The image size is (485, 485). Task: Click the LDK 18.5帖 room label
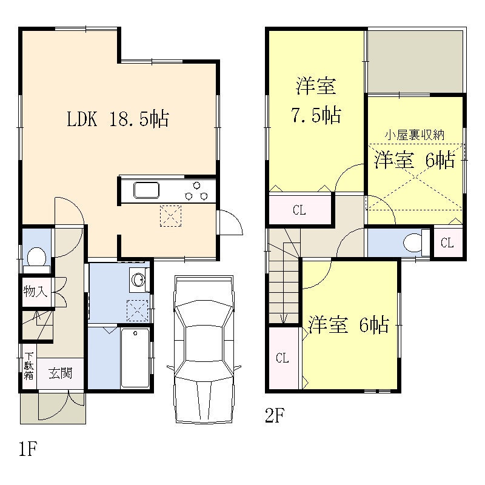(x=118, y=119)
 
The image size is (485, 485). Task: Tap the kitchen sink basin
(x=146, y=190)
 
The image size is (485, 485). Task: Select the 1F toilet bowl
(x=36, y=256)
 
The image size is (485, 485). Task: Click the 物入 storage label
(x=35, y=291)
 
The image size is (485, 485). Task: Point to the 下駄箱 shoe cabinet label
(x=29, y=366)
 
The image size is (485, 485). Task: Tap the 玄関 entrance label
(x=60, y=373)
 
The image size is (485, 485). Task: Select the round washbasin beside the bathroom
(x=138, y=280)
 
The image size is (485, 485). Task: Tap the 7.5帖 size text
(x=316, y=115)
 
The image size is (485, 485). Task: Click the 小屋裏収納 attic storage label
(x=415, y=135)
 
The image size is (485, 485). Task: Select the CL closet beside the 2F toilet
(x=447, y=243)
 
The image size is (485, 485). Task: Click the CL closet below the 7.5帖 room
(x=299, y=210)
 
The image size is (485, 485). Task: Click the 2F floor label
(x=275, y=415)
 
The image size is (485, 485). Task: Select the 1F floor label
(x=28, y=449)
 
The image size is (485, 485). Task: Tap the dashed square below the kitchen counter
(x=170, y=216)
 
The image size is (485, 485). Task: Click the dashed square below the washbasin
(x=138, y=310)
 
